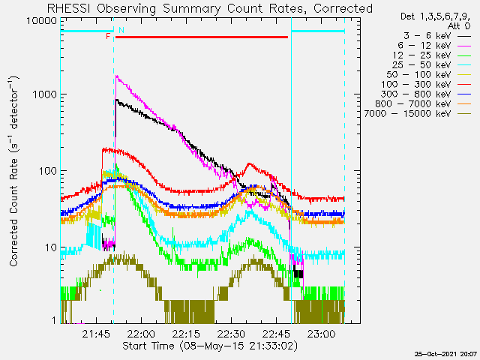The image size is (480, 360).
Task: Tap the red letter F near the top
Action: tap(109, 36)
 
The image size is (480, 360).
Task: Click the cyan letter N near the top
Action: tap(121, 30)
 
